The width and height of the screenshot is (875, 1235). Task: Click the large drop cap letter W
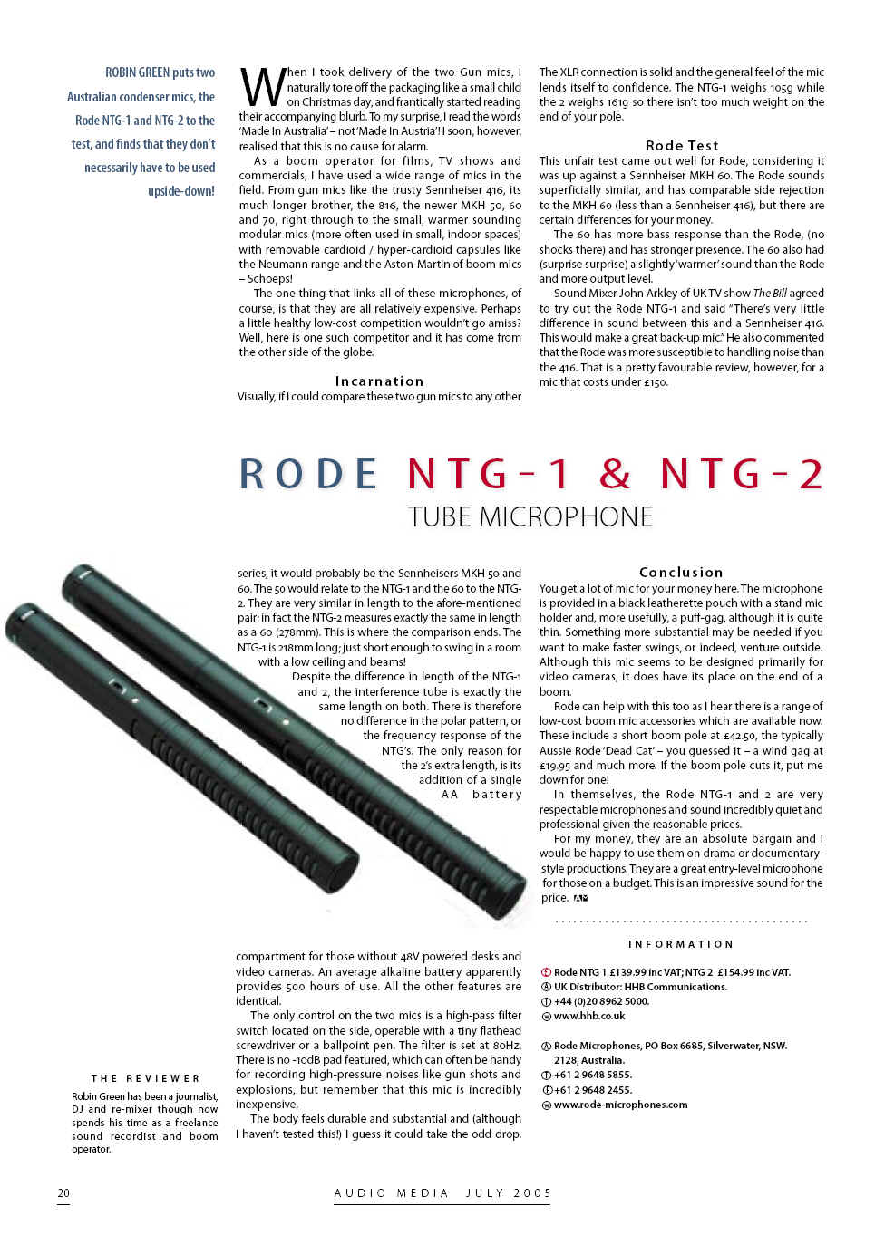pyautogui.click(x=261, y=88)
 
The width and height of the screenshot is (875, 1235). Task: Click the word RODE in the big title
pyautogui.click(x=307, y=474)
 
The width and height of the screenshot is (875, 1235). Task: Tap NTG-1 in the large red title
pyautogui.click(x=489, y=474)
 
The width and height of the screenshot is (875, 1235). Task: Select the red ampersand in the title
pyautogui.click(x=615, y=474)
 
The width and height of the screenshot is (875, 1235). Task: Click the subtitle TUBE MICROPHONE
pyautogui.click(x=530, y=517)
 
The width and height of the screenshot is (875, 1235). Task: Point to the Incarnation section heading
pyautogui.click(x=379, y=381)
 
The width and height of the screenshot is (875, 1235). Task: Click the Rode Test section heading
pyautogui.click(x=682, y=145)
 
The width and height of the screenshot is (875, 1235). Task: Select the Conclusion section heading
pyautogui.click(x=681, y=573)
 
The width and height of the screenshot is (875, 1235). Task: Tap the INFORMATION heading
pyautogui.click(x=681, y=944)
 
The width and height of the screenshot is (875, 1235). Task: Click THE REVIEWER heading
pyautogui.click(x=145, y=1078)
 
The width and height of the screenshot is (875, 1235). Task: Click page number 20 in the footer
pyautogui.click(x=63, y=1193)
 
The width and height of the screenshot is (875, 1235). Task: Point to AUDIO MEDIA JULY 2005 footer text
pyautogui.click(x=442, y=1193)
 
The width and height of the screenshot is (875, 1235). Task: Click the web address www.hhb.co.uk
pyautogui.click(x=589, y=1016)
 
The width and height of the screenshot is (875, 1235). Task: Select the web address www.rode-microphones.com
pyautogui.click(x=620, y=1105)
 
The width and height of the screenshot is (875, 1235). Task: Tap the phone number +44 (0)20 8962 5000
pyautogui.click(x=601, y=1001)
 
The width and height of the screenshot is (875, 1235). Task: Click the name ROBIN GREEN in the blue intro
pyautogui.click(x=137, y=72)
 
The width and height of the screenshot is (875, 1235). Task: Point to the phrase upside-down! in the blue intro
pyautogui.click(x=181, y=191)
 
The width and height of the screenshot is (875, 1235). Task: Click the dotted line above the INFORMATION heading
pyautogui.click(x=681, y=921)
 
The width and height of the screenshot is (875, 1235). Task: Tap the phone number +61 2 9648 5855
pyautogui.click(x=593, y=1075)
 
